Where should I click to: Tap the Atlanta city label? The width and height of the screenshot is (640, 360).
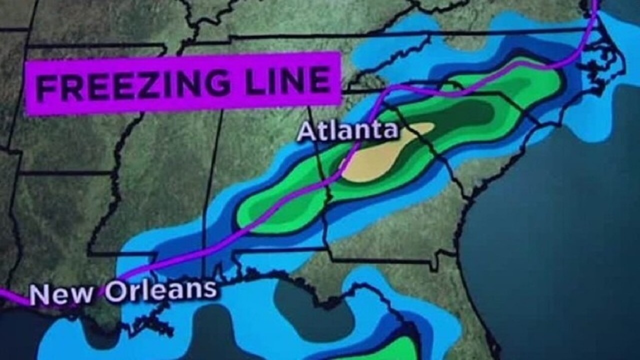pyautogui.click(x=348, y=131)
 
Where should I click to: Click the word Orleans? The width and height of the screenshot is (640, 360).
pyautogui.click(x=160, y=290)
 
